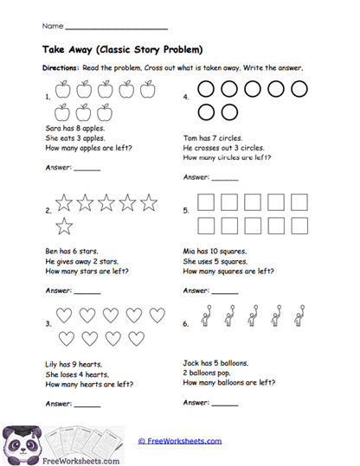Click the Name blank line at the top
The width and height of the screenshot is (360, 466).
[116, 28]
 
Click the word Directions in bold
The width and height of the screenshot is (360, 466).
[60, 67]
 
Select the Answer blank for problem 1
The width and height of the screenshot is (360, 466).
[87, 169]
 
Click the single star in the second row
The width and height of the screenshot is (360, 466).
[65, 227]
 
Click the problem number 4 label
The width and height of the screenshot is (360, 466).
[186, 98]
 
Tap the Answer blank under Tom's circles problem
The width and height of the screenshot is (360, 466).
[225, 179]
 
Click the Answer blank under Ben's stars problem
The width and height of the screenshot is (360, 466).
[87, 291]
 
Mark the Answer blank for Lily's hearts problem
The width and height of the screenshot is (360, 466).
[87, 404]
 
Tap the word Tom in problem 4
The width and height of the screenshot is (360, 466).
[191, 137]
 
